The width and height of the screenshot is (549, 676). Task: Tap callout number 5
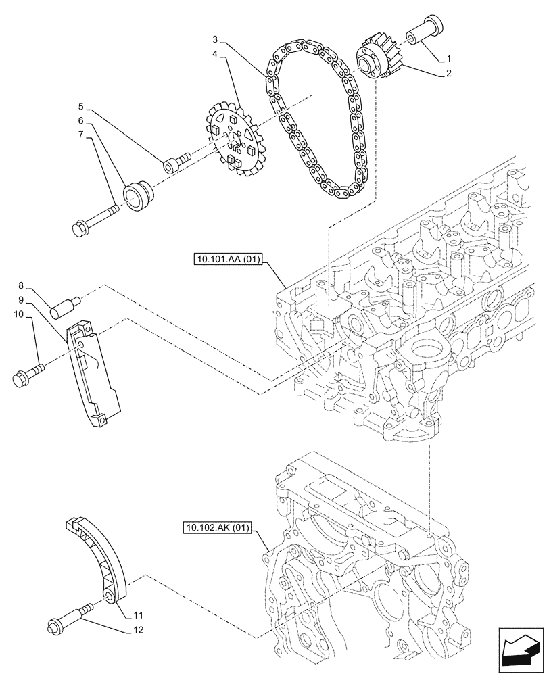80,106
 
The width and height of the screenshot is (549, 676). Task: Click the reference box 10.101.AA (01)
226,259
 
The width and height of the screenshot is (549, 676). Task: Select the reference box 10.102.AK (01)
216,527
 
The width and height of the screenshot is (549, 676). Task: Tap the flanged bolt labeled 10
28,375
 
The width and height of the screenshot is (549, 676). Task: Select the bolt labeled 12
68,618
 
